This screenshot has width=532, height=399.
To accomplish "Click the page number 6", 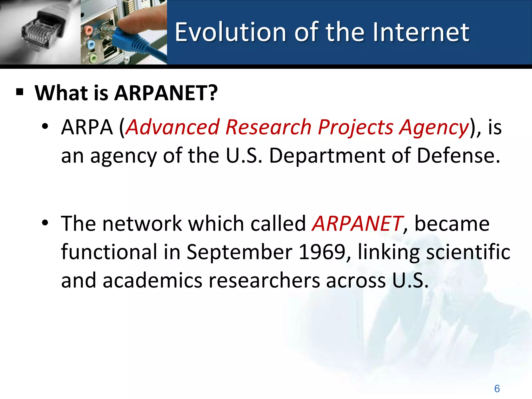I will [x=497, y=389].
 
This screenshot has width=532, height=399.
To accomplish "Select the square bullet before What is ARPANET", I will [x=20, y=92].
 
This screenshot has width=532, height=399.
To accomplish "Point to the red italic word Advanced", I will [x=172, y=127].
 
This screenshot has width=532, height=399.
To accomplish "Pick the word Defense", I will [x=458, y=156].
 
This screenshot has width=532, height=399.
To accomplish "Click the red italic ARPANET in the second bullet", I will [x=357, y=224].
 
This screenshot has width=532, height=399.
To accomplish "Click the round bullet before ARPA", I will [x=45, y=127].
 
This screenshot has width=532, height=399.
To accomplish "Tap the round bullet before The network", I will [x=45, y=223].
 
